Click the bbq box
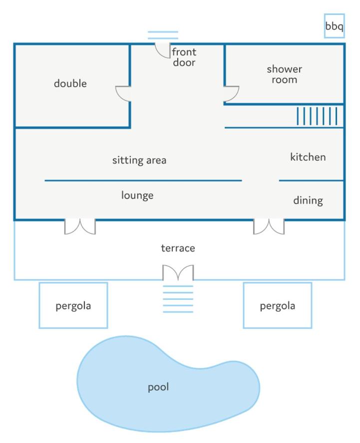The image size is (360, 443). [x=334, y=26]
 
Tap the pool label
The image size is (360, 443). [x=158, y=387]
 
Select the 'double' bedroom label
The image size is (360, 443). [x=70, y=83]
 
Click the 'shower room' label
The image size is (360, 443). [x=284, y=74]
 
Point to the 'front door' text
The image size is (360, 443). [x=184, y=57]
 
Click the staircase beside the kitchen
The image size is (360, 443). [x=317, y=116]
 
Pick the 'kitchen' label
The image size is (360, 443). [x=308, y=157]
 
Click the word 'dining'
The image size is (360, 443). [x=308, y=201]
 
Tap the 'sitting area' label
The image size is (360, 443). [x=139, y=160]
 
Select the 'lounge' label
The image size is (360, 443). [x=137, y=196]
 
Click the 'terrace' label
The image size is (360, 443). [x=178, y=248]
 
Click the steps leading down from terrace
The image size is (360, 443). [x=178, y=299]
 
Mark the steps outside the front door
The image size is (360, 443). [x=163, y=35]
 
